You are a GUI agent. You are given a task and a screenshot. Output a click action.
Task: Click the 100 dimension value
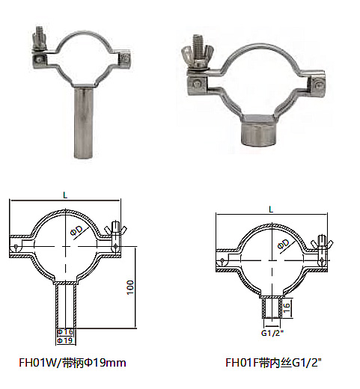coord(130,287)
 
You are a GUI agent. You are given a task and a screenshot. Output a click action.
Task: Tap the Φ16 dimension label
coord(65,332)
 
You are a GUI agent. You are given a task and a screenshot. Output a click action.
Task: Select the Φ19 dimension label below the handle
coord(65,340)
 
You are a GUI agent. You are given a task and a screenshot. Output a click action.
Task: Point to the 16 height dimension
coord(287,307)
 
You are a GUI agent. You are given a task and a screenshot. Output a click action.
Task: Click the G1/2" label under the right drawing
coord(272,333)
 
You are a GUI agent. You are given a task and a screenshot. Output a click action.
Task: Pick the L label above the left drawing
coord(65,195)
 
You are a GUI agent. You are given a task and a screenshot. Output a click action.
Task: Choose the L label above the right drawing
coord(272,209)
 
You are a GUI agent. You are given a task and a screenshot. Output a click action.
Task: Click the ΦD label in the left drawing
coord(76,231)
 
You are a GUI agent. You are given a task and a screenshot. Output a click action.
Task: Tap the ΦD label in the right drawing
coord(284,244)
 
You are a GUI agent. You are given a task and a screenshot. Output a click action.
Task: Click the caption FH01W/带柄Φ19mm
coord(73,363)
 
